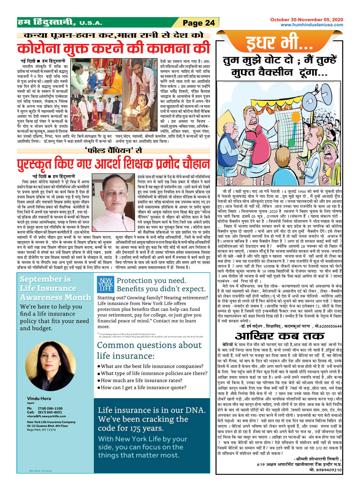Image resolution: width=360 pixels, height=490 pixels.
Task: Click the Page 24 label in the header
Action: click(199, 23)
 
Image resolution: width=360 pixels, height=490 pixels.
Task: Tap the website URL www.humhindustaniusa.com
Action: click(312, 25)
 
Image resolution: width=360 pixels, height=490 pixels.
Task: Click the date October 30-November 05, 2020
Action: click(306, 20)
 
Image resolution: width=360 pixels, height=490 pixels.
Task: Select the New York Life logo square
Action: click(106, 284)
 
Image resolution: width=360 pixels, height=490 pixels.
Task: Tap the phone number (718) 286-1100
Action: click(50, 408)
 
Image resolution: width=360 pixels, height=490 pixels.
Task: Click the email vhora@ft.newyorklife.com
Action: click(46, 416)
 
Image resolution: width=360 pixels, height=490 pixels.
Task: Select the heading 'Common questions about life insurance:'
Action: click(149, 350)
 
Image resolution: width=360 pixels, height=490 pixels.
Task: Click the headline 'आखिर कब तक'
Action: click(279, 336)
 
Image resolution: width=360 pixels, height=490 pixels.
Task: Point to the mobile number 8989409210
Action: click(329, 470)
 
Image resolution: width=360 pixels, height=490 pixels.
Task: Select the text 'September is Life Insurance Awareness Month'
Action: click(55, 288)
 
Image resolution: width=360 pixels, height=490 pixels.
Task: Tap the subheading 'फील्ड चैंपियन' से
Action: click(113, 151)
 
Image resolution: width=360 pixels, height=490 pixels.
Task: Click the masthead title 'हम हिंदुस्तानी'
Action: click(46, 22)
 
